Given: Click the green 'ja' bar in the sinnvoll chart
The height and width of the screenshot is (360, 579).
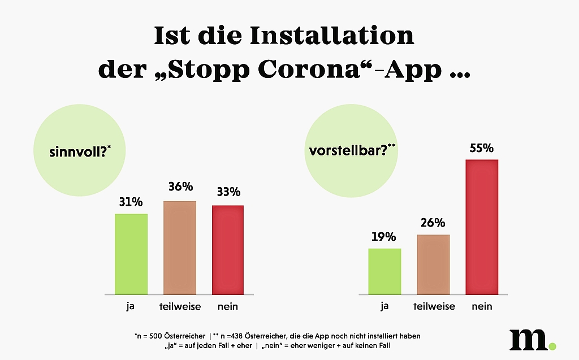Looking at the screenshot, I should click(x=131, y=254).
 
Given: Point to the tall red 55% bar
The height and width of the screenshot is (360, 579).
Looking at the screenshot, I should click(x=482, y=227).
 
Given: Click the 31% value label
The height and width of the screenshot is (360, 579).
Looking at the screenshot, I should click(x=131, y=202).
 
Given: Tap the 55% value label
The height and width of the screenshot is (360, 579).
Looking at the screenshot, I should click(x=482, y=149).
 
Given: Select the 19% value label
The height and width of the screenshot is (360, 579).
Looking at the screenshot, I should click(x=384, y=237).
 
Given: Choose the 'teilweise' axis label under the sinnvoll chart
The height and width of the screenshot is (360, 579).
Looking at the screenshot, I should click(x=179, y=307).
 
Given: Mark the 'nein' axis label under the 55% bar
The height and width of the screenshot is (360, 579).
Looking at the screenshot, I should click(x=482, y=307).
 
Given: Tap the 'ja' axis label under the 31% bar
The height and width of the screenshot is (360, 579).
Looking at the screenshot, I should click(x=131, y=307).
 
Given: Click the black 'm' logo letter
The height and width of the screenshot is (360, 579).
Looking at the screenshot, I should click(x=528, y=339).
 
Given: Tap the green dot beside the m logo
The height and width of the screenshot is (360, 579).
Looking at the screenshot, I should click(x=552, y=345).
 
